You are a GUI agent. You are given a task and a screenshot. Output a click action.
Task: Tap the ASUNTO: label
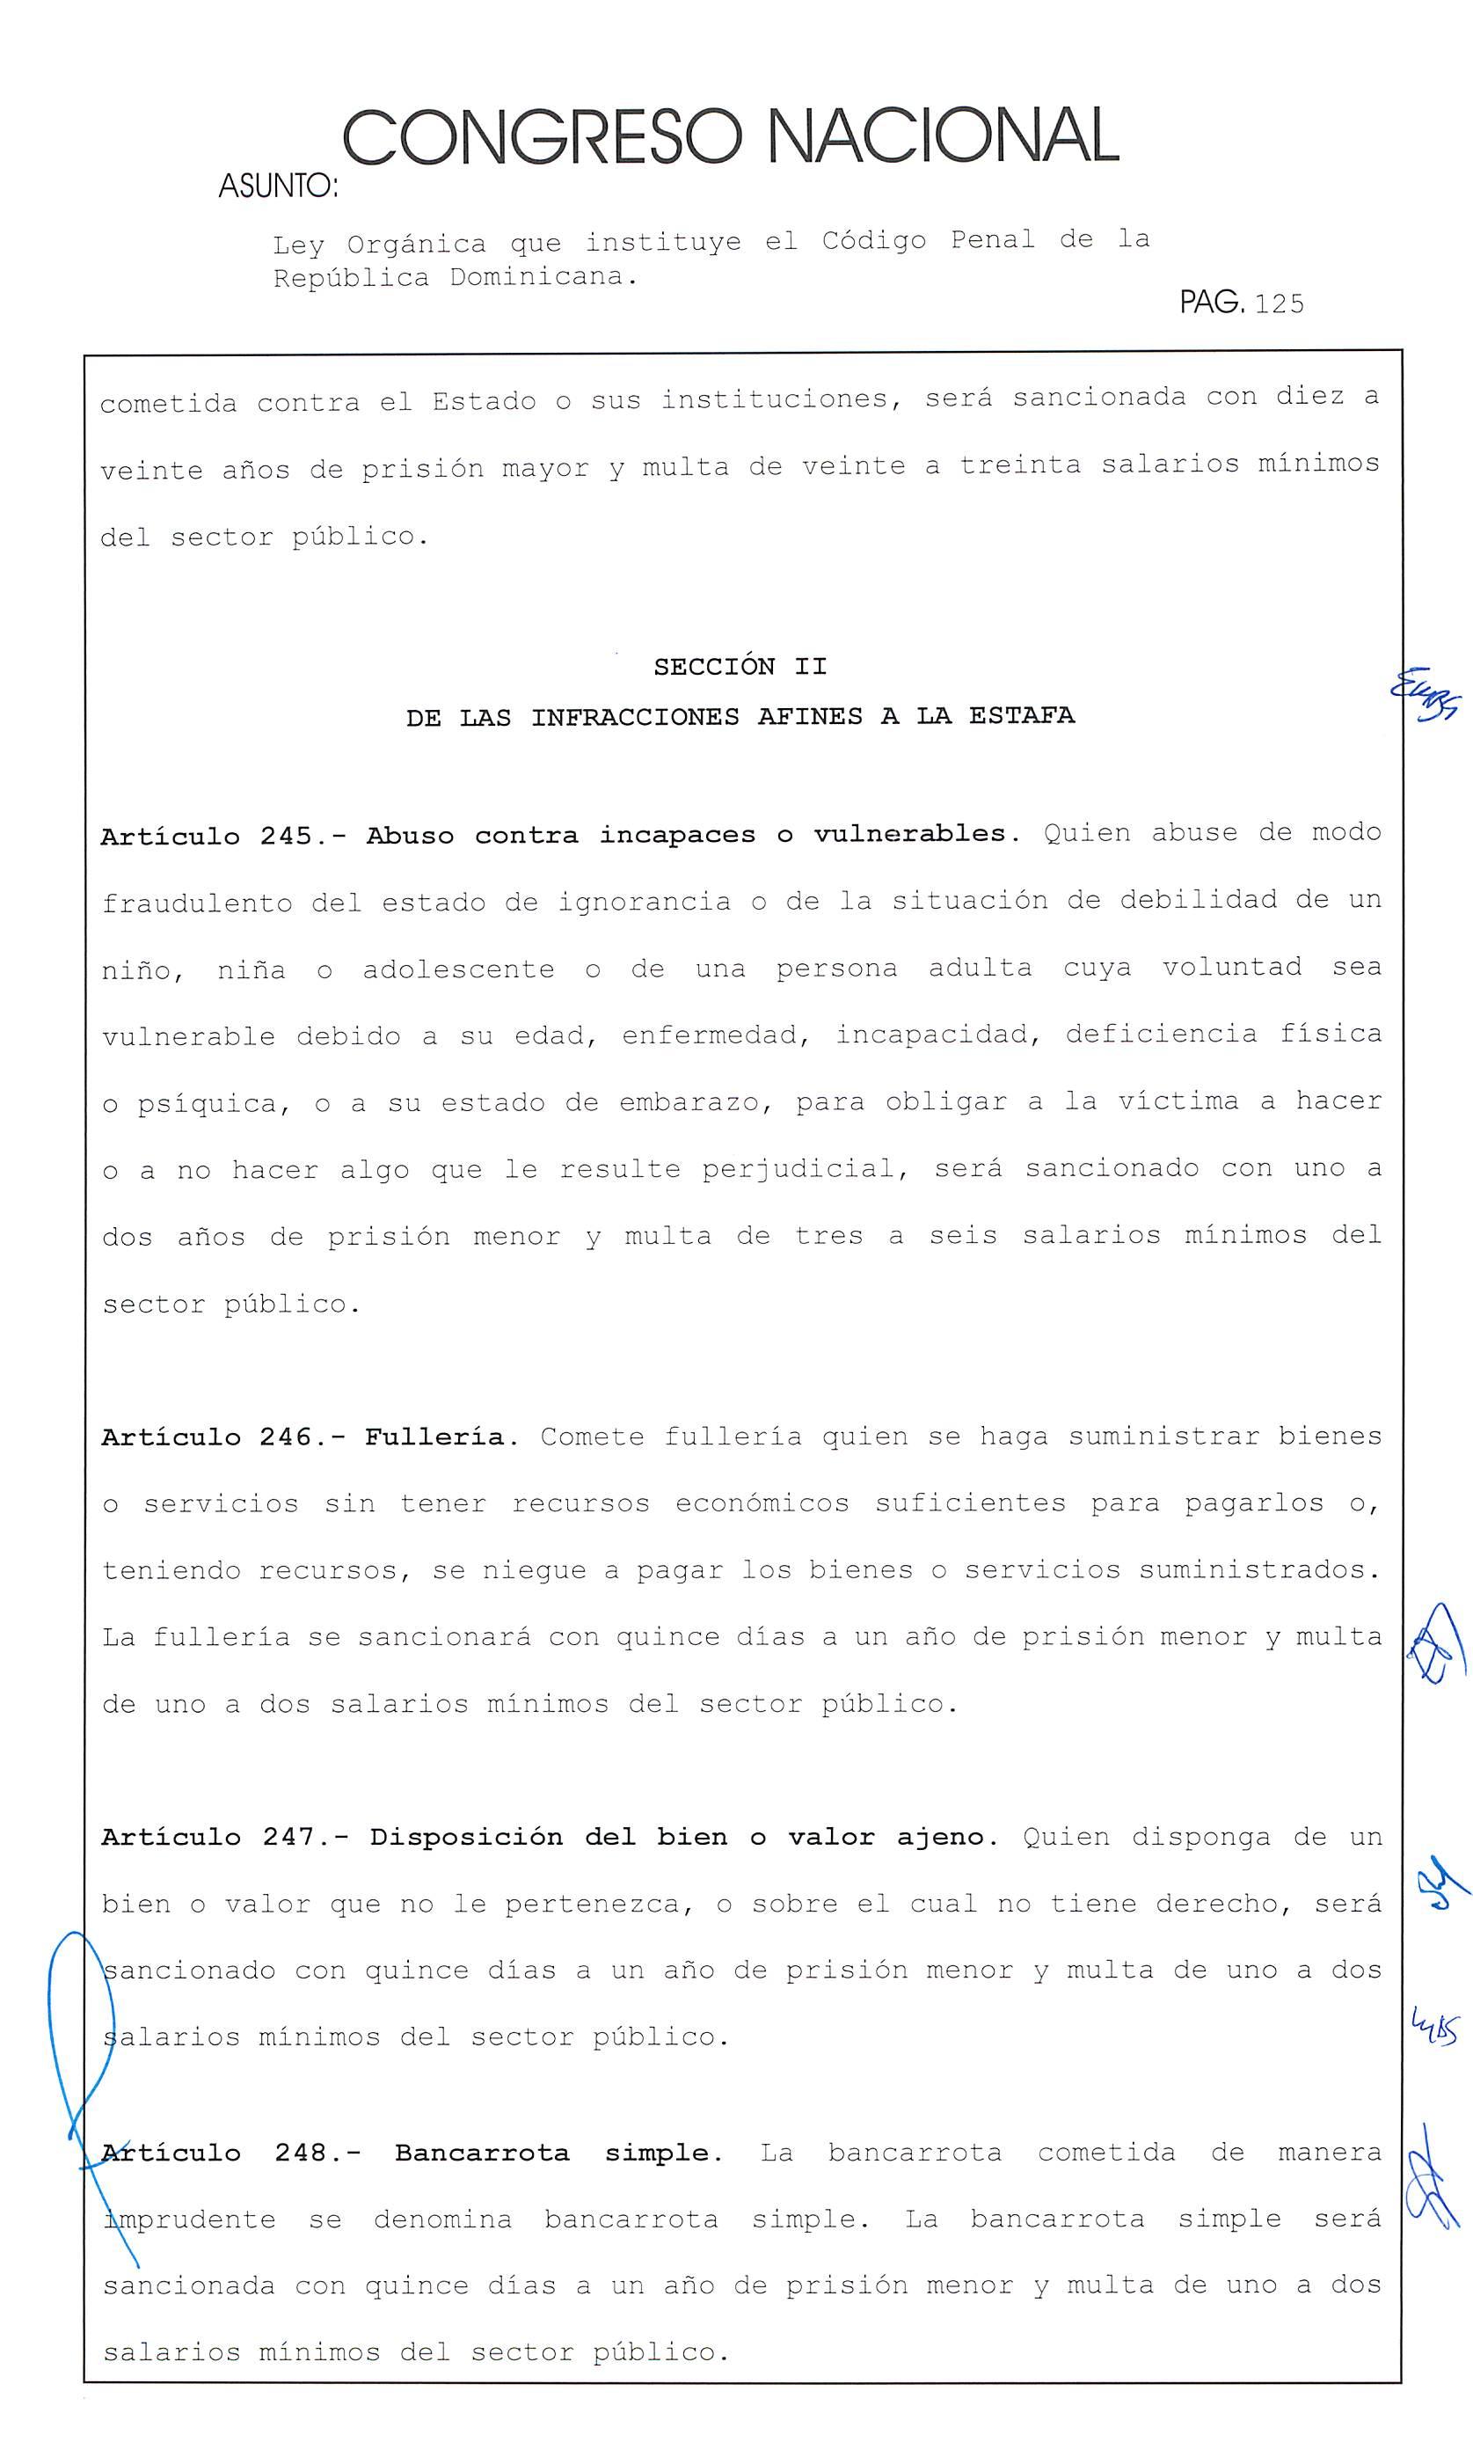coord(278,186)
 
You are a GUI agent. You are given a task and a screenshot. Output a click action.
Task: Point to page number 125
coord(1280,303)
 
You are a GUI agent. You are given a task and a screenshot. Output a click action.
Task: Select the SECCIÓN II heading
coord(740,666)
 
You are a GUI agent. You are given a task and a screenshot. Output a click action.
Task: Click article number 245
coord(286,836)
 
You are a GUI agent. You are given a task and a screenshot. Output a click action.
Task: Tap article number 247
coord(288,1838)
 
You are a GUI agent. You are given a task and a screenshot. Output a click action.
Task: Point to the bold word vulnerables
coord(915,834)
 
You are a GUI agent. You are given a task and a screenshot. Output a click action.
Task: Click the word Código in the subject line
coord(873,241)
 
